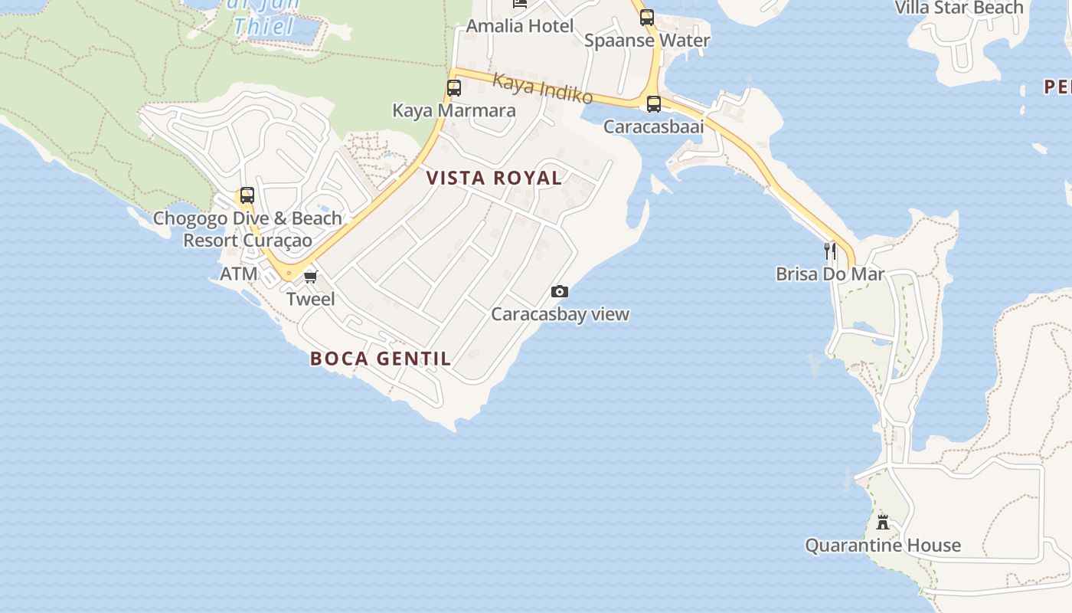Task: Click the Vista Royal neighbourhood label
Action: pos(494,178)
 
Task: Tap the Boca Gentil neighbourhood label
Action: pos(381,359)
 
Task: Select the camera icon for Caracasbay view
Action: pos(560,291)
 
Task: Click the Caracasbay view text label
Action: pos(560,314)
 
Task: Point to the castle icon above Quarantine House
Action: pos(883,523)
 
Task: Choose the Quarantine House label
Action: pos(882,546)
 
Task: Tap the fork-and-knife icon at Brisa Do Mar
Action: pos(829,251)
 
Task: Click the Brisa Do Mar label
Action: pos(830,274)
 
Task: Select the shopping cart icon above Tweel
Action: pos(310,277)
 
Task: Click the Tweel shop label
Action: pos(310,299)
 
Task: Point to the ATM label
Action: pos(239,274)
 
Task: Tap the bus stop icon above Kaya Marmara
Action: pos(454,88)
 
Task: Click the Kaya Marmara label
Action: pos(454,110)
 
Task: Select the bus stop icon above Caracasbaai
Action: pos(653,104)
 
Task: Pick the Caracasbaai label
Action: pos(653,127)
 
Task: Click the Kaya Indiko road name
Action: pos(542,88)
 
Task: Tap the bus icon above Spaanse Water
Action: pos(647,18)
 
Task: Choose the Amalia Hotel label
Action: pos(519,26)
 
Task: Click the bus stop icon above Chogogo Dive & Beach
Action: pos(247,195)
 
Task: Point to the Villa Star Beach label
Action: pos(959,8)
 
